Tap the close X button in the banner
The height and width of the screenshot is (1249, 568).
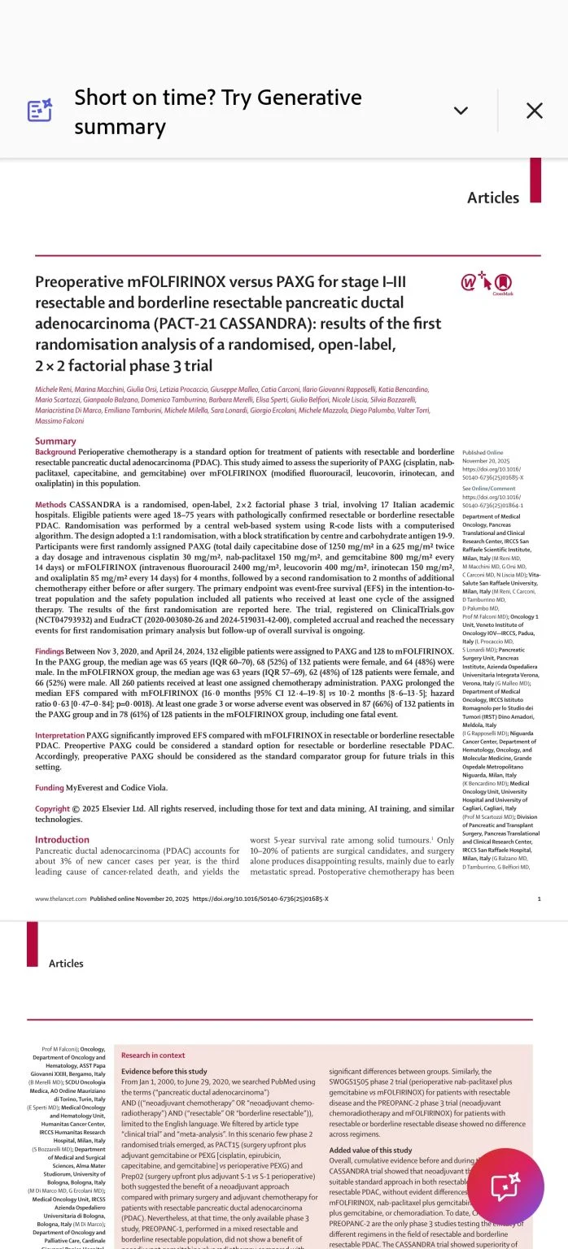tap(534, 111)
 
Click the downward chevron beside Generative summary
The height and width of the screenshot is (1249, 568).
tap(461, 111)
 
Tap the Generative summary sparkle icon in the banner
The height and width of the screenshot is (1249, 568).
tap(40, 111)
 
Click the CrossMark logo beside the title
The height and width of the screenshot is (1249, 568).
tap(487, 284)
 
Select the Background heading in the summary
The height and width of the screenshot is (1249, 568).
tap(55, 451)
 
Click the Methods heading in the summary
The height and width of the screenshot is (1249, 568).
tap(50, 505)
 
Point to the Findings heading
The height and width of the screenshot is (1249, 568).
tap(50, 651)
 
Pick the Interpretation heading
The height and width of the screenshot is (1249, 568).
tap(59, 736)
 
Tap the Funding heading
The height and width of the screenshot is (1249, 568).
tap(49, 788)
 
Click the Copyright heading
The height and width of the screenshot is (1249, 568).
tap(52, 809)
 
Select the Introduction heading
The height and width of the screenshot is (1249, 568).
tap(62, 840)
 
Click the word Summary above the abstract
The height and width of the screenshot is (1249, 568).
tap(55, 442)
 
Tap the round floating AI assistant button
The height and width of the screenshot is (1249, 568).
tap(505, 1186)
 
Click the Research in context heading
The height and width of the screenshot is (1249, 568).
tap(153, 1055)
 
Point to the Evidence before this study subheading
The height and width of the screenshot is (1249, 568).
tap(164, 1072)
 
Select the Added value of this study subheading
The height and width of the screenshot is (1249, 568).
tap(370, 1151)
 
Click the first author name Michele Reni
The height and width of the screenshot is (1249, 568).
tap(52, 390)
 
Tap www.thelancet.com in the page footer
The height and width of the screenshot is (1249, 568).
tap(60, 899)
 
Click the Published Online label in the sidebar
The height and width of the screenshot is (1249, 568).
tap(483, 452)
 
